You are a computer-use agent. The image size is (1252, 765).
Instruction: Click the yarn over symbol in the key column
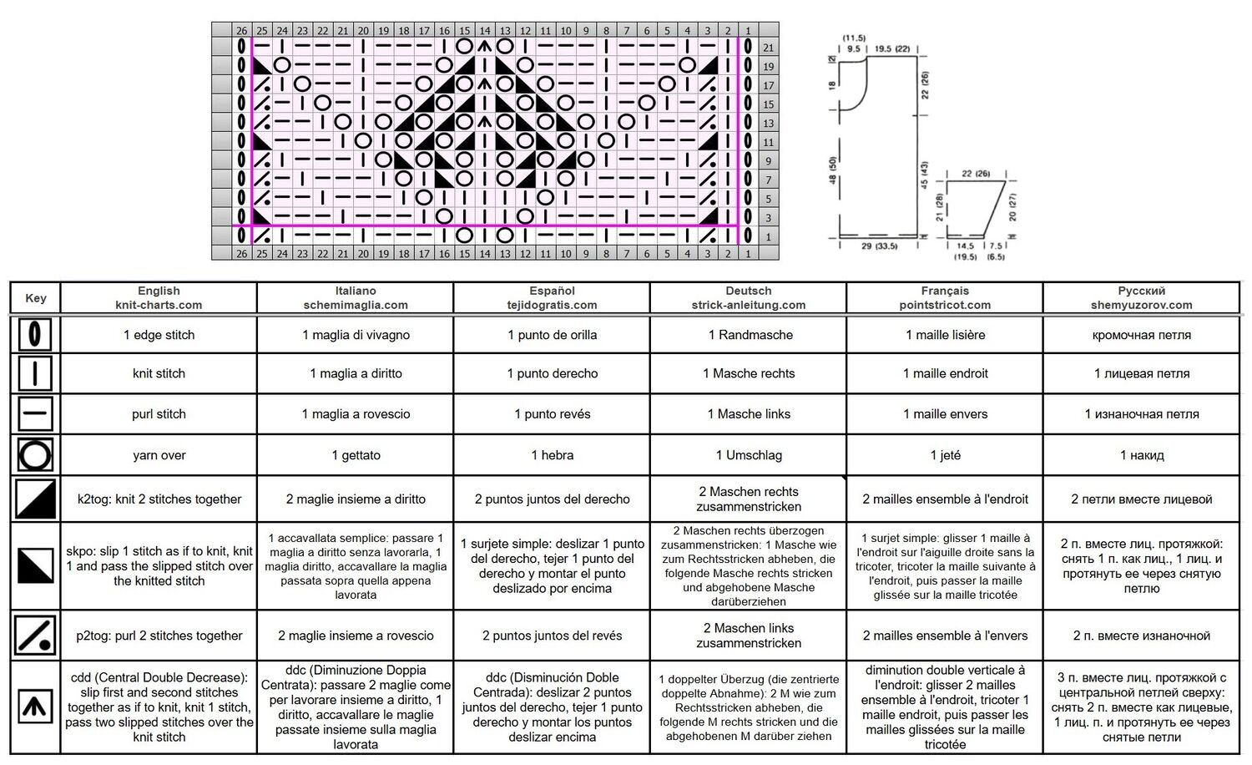coord(35,454)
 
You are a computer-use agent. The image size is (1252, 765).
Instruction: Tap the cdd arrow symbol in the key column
coord(35,707)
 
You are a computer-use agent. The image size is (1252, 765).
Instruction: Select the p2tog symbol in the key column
coord(35,636)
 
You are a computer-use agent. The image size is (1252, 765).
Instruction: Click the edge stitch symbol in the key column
coord(35,334)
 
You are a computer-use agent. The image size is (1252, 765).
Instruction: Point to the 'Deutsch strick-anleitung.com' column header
coord(749,297)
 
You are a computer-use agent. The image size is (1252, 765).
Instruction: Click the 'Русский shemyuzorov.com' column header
coord(1141,297)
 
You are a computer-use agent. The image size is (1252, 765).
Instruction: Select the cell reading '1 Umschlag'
coord(749,455)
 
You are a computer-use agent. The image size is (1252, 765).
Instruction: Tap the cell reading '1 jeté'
coord(945,455)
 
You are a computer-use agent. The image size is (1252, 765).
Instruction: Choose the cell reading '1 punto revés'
coord(553,413)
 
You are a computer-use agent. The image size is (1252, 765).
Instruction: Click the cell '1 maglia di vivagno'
coord(356,335)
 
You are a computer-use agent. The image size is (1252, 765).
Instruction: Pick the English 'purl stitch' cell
coord(159,413)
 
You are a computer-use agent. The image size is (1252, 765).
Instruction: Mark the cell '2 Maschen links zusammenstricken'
coord(749,636)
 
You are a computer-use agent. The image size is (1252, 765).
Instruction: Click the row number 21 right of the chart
coord(769,48)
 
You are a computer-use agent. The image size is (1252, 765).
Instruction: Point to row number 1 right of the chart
coord(769,236)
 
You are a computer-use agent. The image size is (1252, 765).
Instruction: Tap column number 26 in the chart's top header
coord(241,31)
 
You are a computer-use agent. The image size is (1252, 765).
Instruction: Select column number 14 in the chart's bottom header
coord(485,253)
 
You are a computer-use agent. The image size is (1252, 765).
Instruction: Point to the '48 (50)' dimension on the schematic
coord(833,170)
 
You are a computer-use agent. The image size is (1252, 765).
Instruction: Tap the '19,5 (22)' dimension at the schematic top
coord(892,48)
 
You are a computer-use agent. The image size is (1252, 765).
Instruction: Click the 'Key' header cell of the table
coord(35,297)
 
